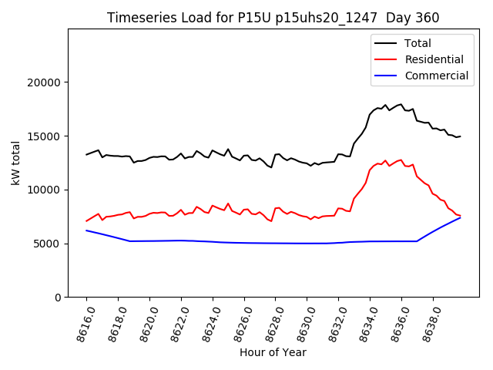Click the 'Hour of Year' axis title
coord(273,352)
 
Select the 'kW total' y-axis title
coord(15,163)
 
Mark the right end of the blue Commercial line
coord(460,217)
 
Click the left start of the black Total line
coord(86,154)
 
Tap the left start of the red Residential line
coord(86,221)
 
